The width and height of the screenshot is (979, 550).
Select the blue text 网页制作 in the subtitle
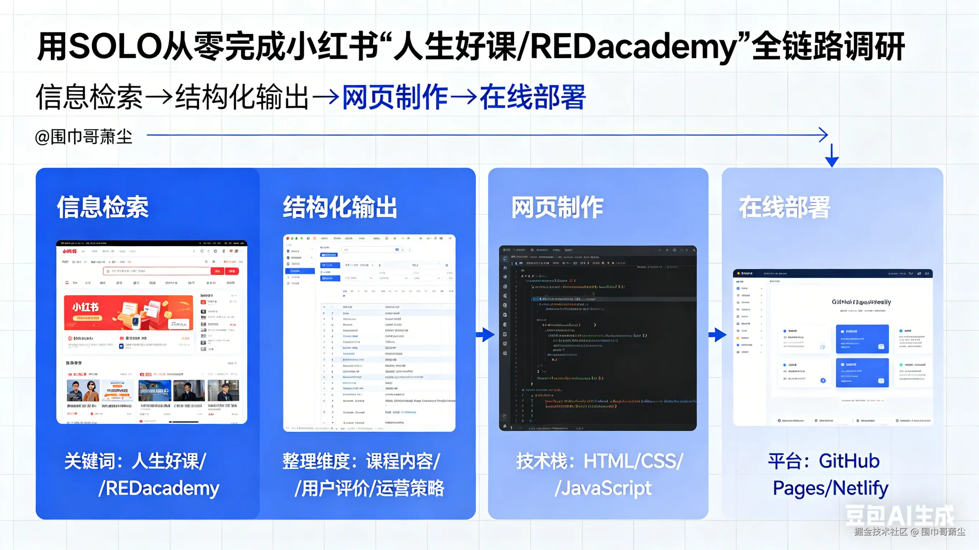(x=395, y=97)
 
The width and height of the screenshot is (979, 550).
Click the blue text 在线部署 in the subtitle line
(x=533, y=97)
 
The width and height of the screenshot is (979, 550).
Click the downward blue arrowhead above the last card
(x=832, y=161)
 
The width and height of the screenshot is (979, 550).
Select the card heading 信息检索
(x=103, y=207)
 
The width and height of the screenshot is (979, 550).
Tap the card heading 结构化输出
(x=340, y=207)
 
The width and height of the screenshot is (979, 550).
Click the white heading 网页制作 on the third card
(x=557, y=207)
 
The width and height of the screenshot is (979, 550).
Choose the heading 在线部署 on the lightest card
(x=784, y=207)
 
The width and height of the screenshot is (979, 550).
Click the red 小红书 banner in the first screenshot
(x=128, y=312)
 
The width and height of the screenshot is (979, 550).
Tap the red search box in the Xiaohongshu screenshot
(x=157, y=271)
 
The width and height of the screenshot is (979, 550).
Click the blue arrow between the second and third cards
(x=486, y=335)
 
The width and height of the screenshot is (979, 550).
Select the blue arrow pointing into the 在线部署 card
(x=718, y=335)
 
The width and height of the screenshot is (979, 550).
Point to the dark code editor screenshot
(x=597, y=338)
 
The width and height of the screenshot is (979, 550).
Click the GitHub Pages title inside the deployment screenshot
(x=861, y=302)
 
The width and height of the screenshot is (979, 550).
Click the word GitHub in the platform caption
(x=849, y=461)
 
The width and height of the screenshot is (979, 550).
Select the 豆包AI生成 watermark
(x=899, y=516)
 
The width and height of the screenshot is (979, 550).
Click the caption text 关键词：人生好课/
(x=135, y=461)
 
